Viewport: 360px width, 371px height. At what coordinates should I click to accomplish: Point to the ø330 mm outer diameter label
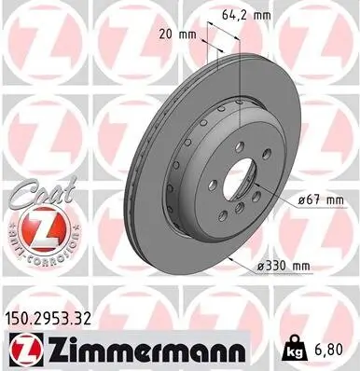(x=283, y=268)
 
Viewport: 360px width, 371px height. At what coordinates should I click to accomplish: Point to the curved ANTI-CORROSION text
(x=35, y=252)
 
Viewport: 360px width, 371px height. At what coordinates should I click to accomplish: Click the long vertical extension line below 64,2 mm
(x=241, y=75)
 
